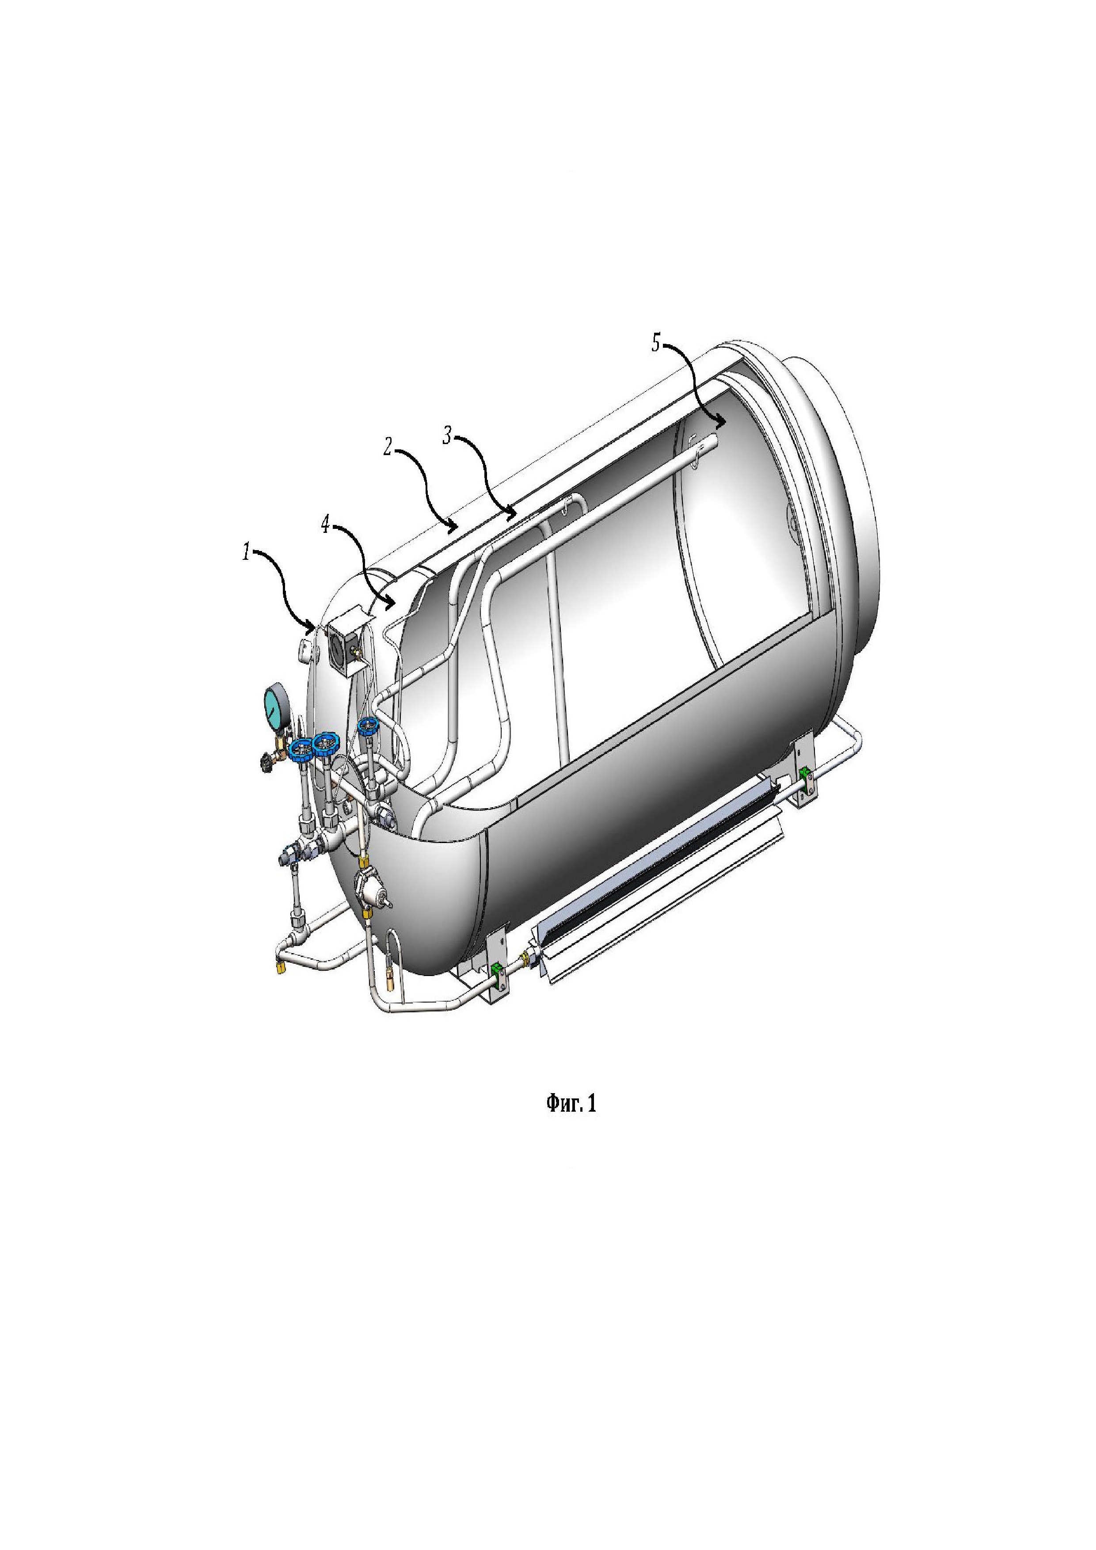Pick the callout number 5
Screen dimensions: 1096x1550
(656, 344)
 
